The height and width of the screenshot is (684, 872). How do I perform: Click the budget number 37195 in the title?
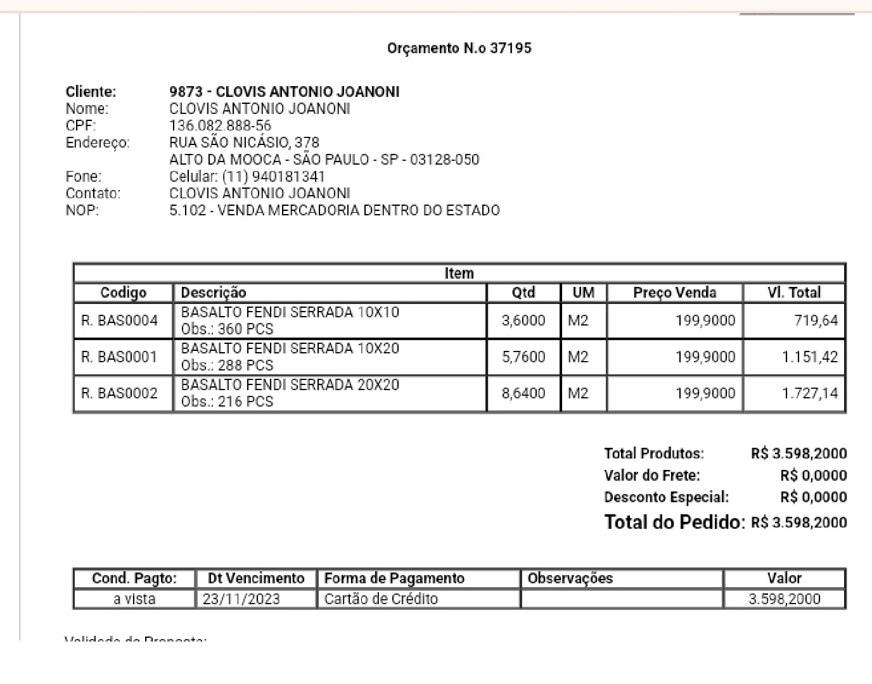click(x=511, y=48)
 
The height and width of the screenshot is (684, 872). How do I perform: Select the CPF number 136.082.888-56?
click(x=220, y=125)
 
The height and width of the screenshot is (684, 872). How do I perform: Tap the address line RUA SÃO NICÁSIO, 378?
click(x=244, y=142)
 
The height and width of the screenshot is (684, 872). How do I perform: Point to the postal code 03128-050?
click(x=444, y=160)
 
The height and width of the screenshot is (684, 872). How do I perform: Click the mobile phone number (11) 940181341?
click(x=273, y=177)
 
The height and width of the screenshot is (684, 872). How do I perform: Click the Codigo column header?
click(x=124, y=293)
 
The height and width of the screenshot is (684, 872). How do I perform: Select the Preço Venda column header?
click(x=674, y=293)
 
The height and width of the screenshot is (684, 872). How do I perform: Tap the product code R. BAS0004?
click(x=119, y=321)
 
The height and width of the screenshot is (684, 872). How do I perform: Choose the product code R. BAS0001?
click(x=119, y=357)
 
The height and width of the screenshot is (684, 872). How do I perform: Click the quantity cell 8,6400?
click(x=523, y=393)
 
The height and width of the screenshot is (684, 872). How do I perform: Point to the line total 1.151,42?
click(x=809, y=357)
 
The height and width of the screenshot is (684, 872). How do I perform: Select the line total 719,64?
click(x=816, y=321)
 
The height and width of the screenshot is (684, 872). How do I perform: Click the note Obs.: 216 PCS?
click(x=227, y=402)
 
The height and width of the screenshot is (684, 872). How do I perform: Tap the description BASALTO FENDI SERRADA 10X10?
click(x=290, y=312)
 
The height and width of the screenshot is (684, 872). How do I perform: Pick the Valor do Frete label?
click(x=652, y=476)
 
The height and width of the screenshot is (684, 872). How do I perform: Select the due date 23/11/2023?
click(x=241, y=599)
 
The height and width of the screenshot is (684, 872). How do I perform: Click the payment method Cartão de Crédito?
click(x=381, y=599)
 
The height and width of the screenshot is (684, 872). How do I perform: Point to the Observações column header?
click(x=570, y=578)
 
